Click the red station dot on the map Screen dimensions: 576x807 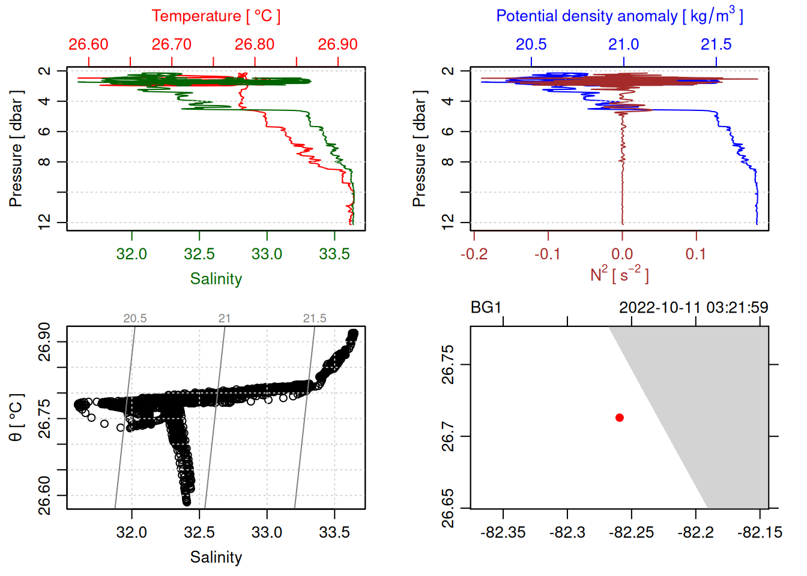point(619,418)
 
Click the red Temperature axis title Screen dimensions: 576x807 point(216,16)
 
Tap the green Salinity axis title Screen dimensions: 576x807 point(216,279)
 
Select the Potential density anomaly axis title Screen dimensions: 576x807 point(619,16)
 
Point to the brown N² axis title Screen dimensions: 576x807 point(619,275)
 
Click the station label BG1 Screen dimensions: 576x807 point(486,308)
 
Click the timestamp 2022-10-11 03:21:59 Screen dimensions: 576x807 point(693,308)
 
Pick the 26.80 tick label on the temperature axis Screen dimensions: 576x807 point(255,44)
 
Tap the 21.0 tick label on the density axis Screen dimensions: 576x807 point(623,44)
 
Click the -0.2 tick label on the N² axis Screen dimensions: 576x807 point(474,254)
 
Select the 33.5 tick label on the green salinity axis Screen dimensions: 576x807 point(334,254)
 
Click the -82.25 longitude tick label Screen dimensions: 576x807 point(631,532)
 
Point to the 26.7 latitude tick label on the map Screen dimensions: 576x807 point(448,436)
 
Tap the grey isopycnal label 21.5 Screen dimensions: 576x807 point(315,319)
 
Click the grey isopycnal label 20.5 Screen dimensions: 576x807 point(135,319)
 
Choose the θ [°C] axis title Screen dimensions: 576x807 point(16,418)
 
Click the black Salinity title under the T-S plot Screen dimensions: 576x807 point(216,557)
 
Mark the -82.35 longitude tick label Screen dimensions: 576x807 point(503,532)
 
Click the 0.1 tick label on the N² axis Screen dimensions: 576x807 point(696,254)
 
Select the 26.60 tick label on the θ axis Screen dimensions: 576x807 point(44,496)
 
